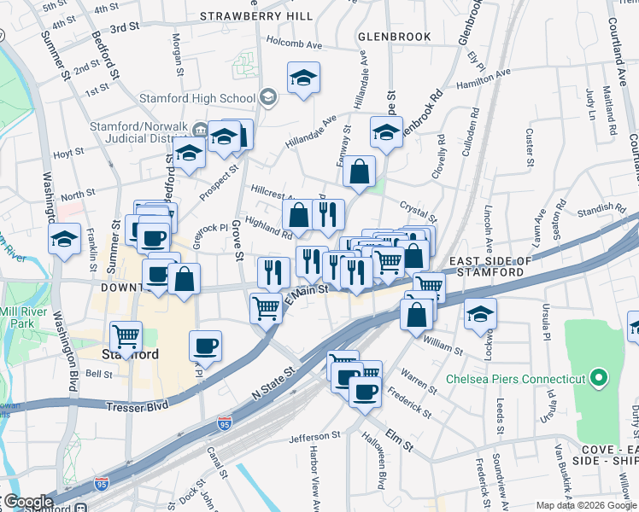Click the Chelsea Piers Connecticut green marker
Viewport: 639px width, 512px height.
click(x=599, y=377)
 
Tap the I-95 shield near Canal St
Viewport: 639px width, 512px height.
click(x=224, y=423)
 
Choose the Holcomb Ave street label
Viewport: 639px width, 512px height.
click(x=293, y=41)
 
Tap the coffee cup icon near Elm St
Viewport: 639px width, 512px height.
click(x=364, y=391)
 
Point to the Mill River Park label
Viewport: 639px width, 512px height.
click(x=20, y=318)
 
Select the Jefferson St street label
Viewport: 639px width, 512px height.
click(x=315, y=436)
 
